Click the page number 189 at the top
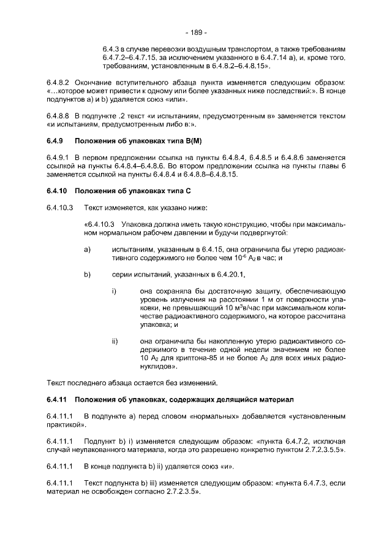pos(196,32)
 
